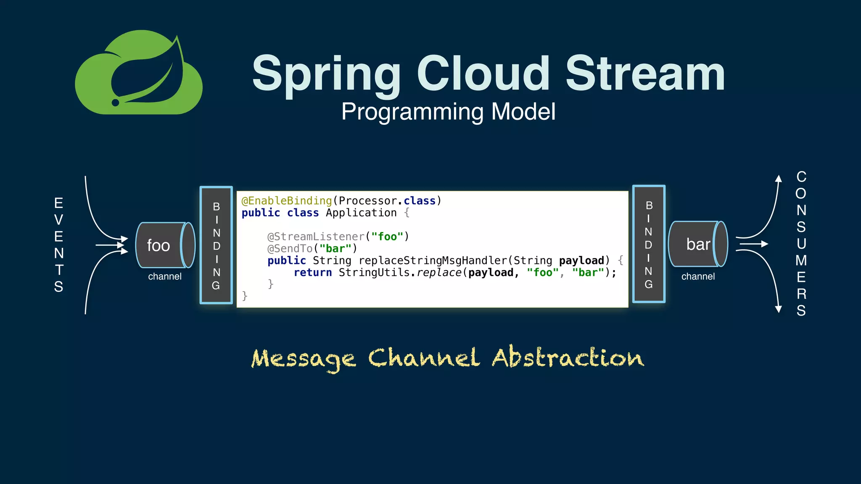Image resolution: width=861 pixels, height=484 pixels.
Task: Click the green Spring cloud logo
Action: [139, 74]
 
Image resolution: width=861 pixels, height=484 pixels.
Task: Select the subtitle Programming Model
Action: [448, 112]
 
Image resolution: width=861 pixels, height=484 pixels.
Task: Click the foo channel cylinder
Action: [165, 245]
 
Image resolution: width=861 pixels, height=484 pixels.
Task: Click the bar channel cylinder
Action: [698, 244]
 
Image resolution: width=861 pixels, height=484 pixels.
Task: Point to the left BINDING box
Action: [217, 245]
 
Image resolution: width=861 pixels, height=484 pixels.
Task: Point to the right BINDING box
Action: [649, 244]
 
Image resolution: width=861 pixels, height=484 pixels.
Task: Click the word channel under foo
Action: [165, 276]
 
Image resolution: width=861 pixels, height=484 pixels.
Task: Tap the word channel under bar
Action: [698, 276]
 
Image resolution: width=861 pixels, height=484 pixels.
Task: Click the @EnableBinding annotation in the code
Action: [287, 201]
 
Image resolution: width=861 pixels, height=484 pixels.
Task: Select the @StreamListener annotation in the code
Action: [316, 237]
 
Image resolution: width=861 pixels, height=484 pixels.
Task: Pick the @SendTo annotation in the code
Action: [290, 249]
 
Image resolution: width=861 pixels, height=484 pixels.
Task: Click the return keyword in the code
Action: [313, 273]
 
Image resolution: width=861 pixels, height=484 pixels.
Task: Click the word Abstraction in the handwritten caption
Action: [568, 358]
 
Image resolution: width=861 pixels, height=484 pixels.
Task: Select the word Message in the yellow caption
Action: [304, 360]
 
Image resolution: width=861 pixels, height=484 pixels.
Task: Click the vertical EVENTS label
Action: [59, 245]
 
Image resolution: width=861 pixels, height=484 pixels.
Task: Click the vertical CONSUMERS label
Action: [801, 244]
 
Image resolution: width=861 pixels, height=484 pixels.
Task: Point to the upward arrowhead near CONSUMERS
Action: [779, 179]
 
